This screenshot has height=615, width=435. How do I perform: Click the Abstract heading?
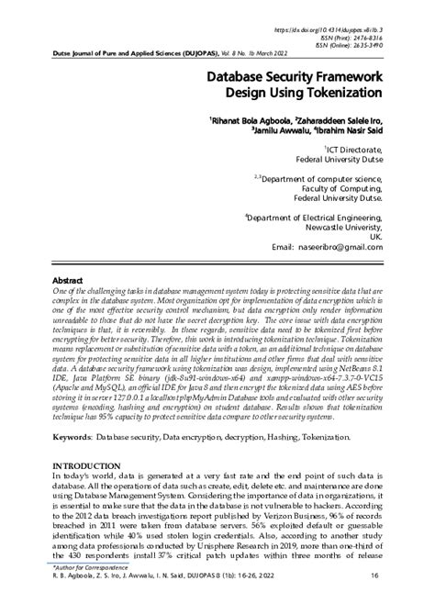[x=68, y=279]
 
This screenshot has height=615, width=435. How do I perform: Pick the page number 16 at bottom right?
[x=375, y=601]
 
